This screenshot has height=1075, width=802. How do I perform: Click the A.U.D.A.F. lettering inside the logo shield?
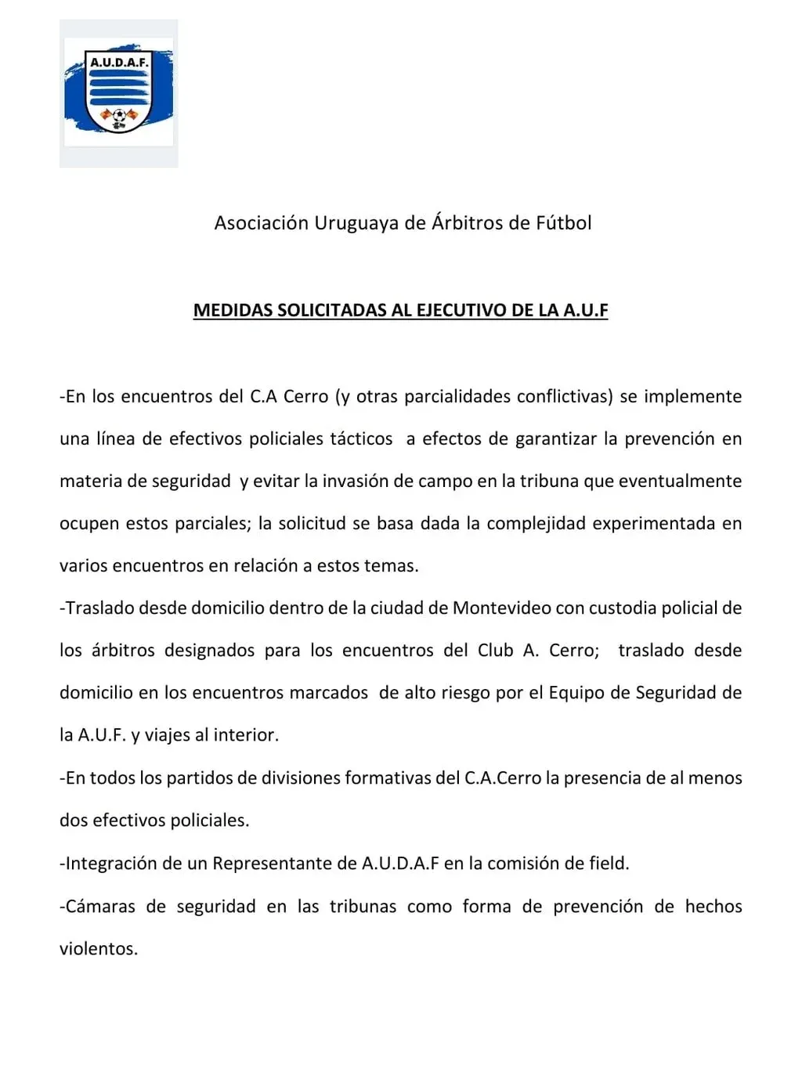[x=119, y=62]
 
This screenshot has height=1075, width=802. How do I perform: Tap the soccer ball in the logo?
[x=119, y=116]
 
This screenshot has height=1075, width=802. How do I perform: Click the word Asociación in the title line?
[x=262, y=223]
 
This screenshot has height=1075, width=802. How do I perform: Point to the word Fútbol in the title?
[x=563, y=223]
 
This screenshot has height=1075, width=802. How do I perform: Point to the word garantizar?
[x=555, y=439]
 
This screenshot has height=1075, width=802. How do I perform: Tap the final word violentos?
[x=98, y=949]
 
